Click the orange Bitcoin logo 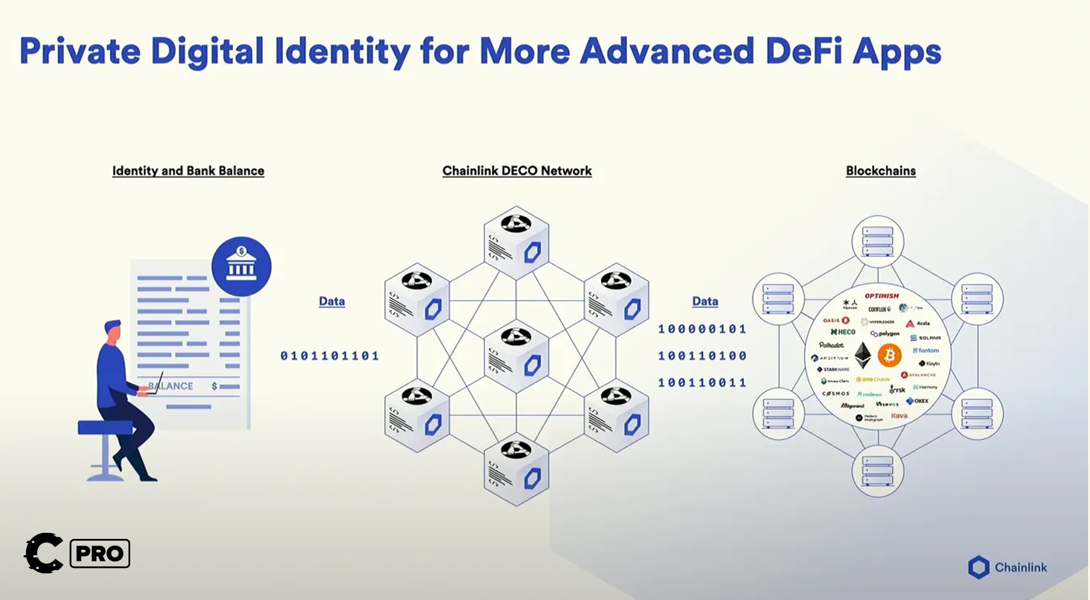click(890, 355)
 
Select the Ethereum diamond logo click(862, 355)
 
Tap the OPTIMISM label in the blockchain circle click(882, 296)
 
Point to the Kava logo click(899, 416)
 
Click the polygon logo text click(886, 334)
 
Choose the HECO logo click(844, 332)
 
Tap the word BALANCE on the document click(171, 386)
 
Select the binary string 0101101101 click(329, 356)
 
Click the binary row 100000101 click(702, 329)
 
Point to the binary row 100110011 click(702, 383)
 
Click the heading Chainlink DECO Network click(517, 171)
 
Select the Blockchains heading click(880, 171)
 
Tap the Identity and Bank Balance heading click(188, 171)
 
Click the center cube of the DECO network click(516, 356)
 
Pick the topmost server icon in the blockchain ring click(877, 242)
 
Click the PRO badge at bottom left click(100, 553)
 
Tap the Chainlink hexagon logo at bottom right click(978, 567)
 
